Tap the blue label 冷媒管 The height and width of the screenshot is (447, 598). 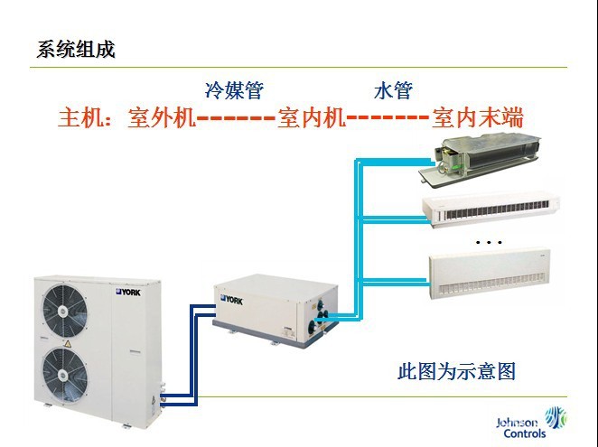pos(234,90)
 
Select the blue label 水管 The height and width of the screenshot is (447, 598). pos(393,90)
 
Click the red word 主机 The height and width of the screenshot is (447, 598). pos(79,118)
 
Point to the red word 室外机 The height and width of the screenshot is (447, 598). pos(163,118)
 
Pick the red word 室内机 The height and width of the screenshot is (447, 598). pos(313,118)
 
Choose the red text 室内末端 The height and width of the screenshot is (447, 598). pos(480,118)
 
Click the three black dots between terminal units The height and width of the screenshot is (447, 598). pos(488,243)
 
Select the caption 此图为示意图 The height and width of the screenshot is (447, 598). pos(456,370)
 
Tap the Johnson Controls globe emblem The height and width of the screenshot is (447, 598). pos(556,422)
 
